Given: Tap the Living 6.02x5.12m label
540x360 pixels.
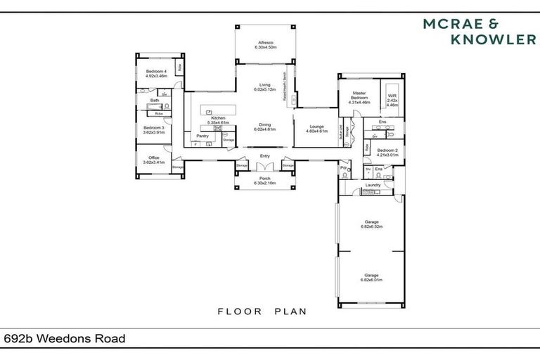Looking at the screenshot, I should coord(264,87).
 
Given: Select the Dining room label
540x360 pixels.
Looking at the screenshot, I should coord(264,127).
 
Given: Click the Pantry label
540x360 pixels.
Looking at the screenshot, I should coord(202,136).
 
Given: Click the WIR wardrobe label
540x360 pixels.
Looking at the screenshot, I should coord(392,100).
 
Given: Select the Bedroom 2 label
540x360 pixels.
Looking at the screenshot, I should coord(387,152).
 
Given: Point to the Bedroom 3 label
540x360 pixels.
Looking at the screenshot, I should coord(153,129).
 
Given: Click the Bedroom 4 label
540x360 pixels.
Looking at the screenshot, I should coord(155,73).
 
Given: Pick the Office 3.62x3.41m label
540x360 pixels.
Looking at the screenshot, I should coord(153,160).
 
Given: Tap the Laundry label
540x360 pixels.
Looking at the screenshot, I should coord(373,185).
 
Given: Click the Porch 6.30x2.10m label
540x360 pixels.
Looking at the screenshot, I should coord(264,181).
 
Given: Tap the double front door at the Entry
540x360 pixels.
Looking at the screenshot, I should coord(264,167).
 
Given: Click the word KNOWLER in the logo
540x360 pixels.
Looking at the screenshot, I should coord(492,41).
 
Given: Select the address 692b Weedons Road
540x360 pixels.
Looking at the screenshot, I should coord(64,339).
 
